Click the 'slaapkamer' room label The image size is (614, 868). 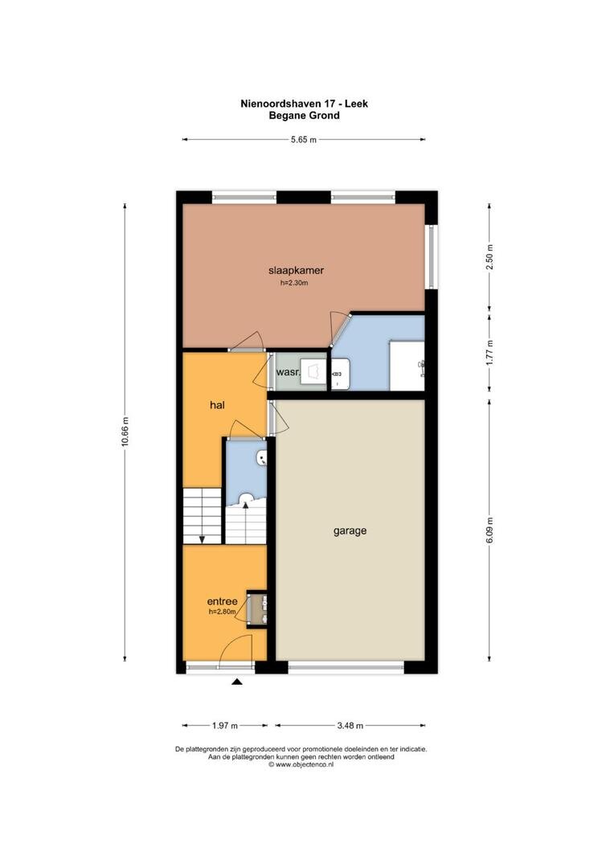point(296,271)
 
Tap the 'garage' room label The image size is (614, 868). point(350,531)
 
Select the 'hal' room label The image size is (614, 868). point(217,405)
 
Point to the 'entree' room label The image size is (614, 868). point(222,602)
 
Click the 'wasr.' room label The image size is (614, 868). point(288,373)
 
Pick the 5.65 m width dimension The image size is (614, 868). point(304,140)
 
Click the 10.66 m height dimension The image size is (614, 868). point(125,432)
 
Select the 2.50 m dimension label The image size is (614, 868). point(489,257)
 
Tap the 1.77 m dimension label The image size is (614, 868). point(489,352)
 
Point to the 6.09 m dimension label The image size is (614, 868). point(489,530)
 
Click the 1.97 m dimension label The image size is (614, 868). point(225,726)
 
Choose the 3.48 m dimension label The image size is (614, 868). point(350,726)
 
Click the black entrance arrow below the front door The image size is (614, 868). point(237,682)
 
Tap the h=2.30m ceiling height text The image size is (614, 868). point(294,283)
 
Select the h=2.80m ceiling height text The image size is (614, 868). point(222,612)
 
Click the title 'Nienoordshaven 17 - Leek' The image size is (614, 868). point(304,104)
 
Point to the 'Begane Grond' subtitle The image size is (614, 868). point(304,116)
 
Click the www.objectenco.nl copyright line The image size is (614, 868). point(301,764)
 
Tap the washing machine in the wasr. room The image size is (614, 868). point(313,371)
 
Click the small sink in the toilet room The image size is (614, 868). point(262,458)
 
